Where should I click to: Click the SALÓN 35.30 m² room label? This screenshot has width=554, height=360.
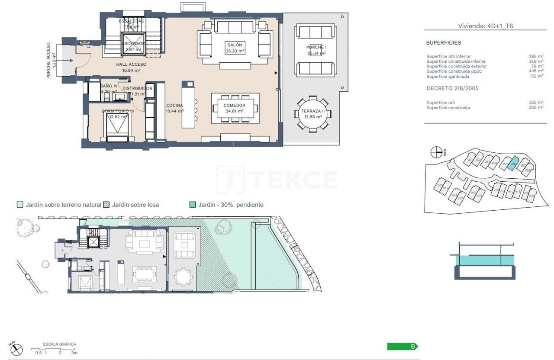point(235,48)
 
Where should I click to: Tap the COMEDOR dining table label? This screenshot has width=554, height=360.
point(234,108)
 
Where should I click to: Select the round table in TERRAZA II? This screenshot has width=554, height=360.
point(313,114)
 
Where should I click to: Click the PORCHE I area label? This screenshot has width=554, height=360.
point(316,50)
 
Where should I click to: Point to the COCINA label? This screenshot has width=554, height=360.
point(174,108)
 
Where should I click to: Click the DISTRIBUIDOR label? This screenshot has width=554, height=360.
point(137,90)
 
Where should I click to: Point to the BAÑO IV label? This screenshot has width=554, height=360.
point(109,89)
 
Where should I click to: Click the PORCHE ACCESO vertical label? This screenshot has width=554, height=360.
point(51,61)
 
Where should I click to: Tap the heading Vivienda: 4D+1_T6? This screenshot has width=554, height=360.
point(486,26)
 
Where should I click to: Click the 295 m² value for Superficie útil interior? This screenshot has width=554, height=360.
point(536,56)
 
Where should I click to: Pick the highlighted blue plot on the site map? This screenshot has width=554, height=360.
point(512,164)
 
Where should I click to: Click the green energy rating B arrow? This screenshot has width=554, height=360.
point(403,347)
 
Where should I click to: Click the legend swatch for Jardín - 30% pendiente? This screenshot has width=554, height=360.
point(193,205)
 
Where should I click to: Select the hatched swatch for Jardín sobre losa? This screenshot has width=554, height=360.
point(106,205)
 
